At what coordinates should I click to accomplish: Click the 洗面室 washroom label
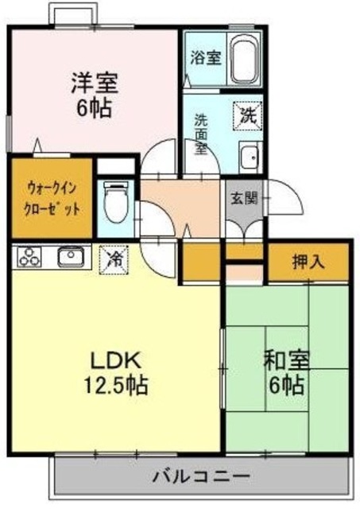202,136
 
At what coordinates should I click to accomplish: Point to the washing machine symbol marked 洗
248,115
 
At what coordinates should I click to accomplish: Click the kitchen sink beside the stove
70,257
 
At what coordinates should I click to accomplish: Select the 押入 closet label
307,260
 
